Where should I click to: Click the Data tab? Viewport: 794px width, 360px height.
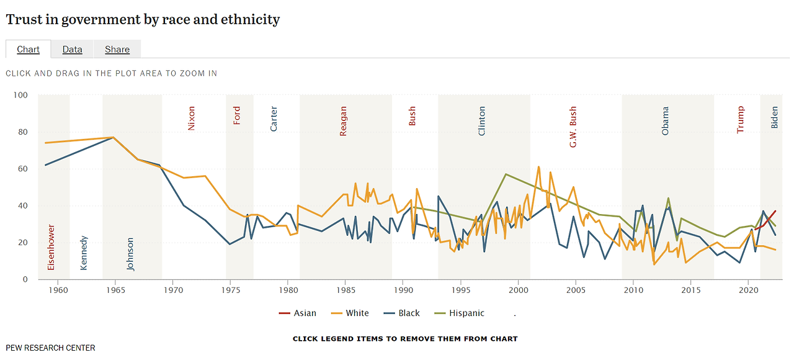click(72, 50)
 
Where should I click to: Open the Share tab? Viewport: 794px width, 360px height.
click(117, 50)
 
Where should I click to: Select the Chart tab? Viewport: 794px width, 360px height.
click(28, 50)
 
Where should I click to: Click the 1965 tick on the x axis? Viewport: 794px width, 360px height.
click(115, 290)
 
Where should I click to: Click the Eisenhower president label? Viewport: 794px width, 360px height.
click(51, 247)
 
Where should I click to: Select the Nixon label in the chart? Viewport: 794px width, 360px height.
click(191, 118)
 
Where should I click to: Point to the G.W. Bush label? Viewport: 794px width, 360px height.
click(573, 127)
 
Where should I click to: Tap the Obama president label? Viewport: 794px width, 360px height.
click(666, 121)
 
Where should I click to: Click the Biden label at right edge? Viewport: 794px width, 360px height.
click(774, 117)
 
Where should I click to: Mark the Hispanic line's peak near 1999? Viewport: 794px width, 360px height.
click(506, 174)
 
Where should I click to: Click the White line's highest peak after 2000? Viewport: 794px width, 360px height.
click(538, 166)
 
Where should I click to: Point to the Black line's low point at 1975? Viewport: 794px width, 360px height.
click(230, 244)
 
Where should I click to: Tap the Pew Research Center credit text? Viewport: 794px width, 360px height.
click(50, 348)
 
